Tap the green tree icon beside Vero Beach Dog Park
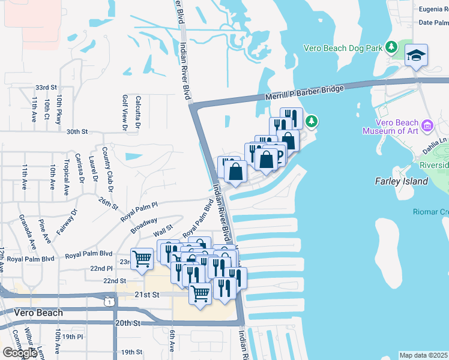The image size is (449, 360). pos(392,47)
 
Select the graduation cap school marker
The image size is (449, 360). pos(416,56)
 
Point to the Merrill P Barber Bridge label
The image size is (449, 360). pos(304,93)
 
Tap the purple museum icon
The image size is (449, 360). pos(427,125)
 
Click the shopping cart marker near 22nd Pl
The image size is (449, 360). pos(142,260)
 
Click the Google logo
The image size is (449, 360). pos(20,353)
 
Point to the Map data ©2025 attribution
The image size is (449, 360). pos(424,355)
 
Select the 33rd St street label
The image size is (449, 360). pos(46,87)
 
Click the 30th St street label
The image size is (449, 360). pos(77,131)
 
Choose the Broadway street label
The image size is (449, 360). pos(144,224)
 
